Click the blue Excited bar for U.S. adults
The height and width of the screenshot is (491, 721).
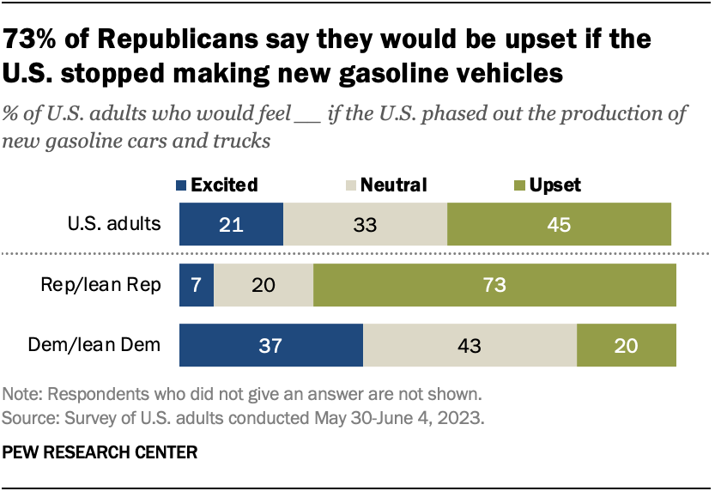[230, 226]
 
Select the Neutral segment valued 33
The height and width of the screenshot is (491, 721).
[365, 226]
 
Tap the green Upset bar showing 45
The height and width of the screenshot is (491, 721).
[559, 226]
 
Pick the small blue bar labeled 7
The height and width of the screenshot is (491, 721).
[196, 286]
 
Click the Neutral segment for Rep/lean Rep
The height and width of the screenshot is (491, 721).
[264, 286]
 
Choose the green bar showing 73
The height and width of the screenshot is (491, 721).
[495, 286]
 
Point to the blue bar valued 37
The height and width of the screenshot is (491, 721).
[270, 346]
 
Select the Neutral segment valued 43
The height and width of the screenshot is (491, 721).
[470, 346]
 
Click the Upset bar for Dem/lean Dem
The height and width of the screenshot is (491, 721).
[627, 346]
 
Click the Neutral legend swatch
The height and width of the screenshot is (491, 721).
[349, 185]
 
